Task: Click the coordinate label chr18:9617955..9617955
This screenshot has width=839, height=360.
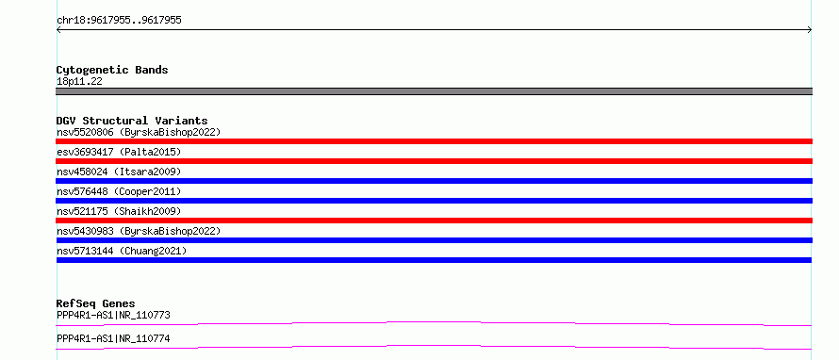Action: click(119, 21)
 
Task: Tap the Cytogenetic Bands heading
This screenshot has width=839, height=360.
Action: click(112, 70)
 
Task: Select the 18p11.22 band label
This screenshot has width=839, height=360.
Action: click(79, 82)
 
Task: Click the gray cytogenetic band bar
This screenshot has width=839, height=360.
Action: click(434, 91)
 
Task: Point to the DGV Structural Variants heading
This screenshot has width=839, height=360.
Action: click(132, 121)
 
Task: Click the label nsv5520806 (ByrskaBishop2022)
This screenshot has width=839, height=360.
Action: click(139, 132)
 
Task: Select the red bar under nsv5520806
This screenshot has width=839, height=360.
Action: click(434, 141)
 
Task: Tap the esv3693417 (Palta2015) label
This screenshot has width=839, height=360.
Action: click(119, 152)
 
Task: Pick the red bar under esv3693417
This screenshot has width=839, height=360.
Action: click(434, 161)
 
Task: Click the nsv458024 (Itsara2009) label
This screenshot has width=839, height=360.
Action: click(119, 172)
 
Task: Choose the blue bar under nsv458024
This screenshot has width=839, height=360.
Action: click(434, 181)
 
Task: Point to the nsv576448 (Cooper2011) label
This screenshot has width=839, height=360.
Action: click(119, 191)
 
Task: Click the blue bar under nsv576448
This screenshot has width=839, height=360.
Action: click(434, 201)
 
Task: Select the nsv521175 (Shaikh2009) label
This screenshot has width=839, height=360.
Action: click(119, 211)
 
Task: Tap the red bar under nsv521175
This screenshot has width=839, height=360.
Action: click(434, 221)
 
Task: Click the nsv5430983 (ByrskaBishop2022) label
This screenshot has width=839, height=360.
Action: click(139, 231)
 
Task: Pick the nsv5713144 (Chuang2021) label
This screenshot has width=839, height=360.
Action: click(122, 251)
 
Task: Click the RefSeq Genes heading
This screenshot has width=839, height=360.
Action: click(96, 303)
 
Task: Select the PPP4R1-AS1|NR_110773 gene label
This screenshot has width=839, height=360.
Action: click(113, 315)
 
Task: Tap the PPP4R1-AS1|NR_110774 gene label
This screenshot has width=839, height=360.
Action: click(113, 338)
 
